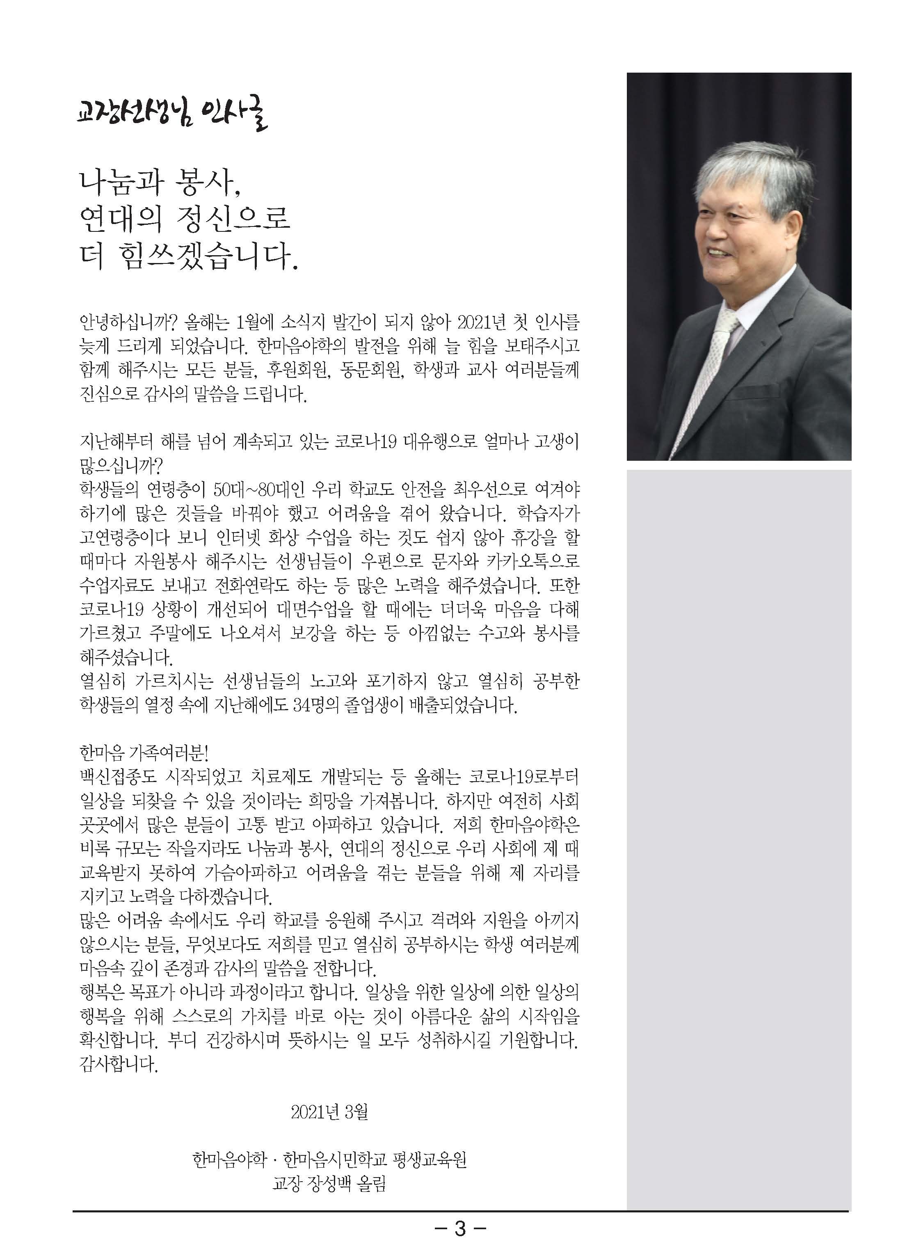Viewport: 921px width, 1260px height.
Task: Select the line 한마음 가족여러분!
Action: pyautogui.click(x=144, y=753)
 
